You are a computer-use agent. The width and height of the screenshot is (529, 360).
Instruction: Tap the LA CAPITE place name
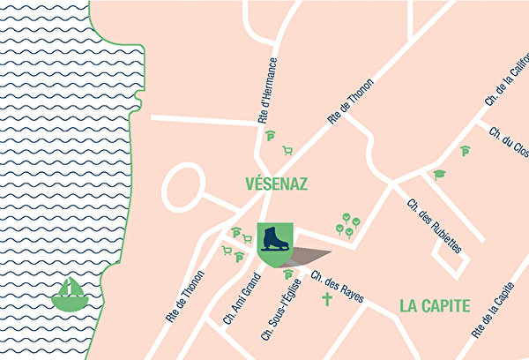pos(435,306)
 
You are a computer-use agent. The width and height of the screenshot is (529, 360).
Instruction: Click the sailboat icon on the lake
pos(71,294)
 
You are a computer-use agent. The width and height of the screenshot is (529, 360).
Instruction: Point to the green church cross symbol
pos(327,301)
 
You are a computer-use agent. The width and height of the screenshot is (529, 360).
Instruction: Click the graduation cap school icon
pos(438,175)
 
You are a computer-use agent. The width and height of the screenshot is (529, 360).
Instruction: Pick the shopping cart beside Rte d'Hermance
pos(287,150)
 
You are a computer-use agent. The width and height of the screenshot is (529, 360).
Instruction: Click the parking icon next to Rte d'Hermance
pos(271,137)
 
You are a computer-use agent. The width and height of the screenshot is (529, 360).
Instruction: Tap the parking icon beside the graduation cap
pos(464,152)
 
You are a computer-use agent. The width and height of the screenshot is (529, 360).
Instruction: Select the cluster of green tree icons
pos(347,224)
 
